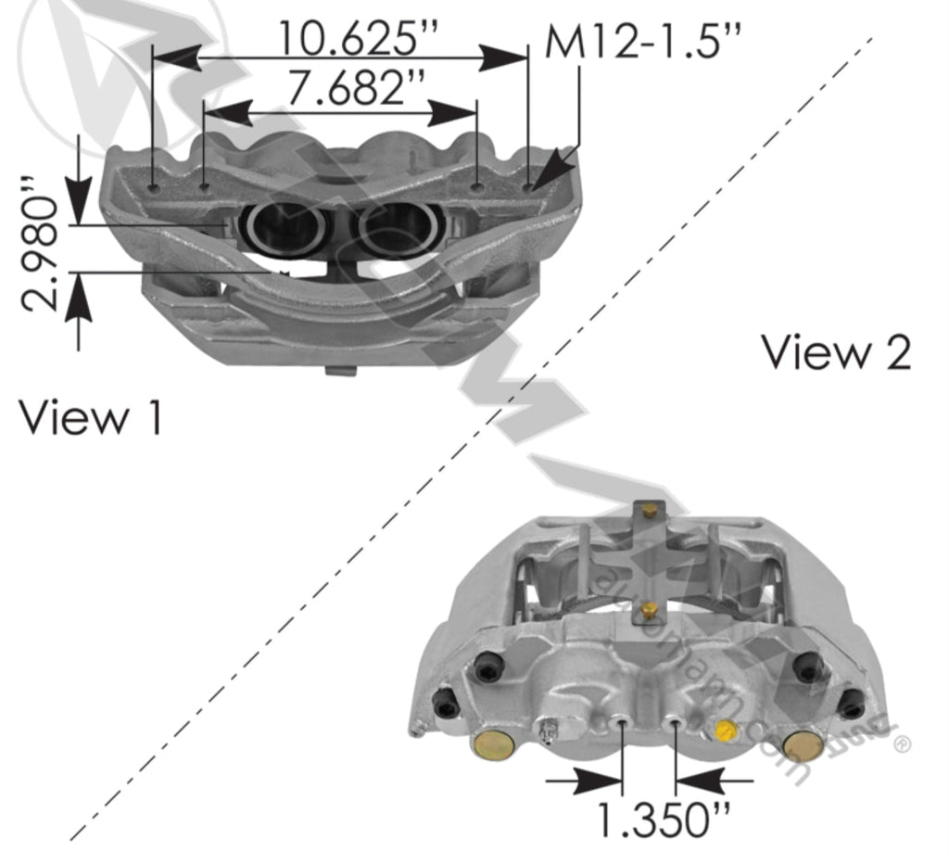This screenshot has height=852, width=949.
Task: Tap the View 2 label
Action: (836, 353)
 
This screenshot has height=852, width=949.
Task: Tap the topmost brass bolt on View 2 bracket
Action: (649, 511)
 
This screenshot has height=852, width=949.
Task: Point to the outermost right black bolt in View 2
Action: (850, 704)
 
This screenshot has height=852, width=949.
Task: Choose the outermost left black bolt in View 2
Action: (447, 705)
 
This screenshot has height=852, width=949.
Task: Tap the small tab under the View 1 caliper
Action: (341, 371)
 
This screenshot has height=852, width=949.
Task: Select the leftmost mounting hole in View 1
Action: (154, 183)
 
